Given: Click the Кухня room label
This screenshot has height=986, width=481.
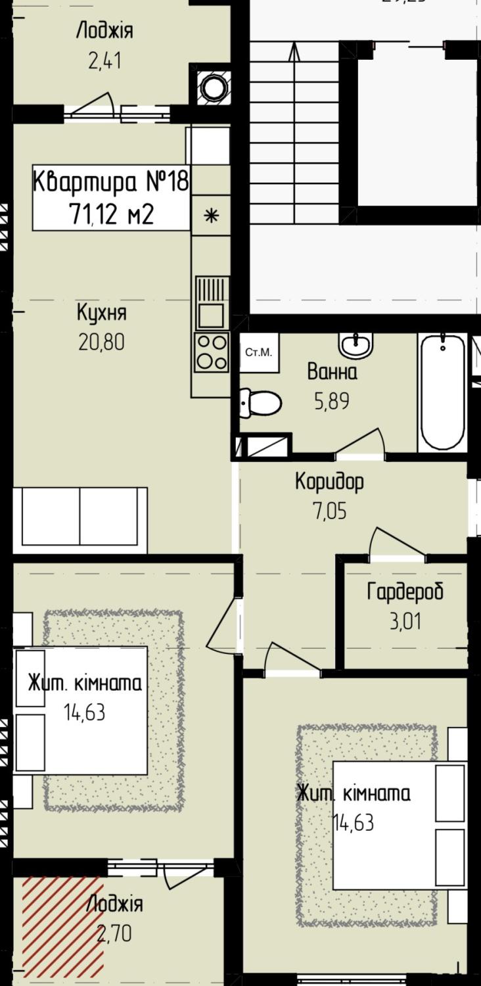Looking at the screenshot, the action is [x=102, y=314].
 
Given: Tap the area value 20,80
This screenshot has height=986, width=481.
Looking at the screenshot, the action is [x=102, y=342].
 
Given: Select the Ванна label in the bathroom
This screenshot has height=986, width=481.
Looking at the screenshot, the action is [x=332, y=371].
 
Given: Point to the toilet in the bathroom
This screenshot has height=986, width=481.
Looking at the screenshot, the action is [x=260, y=403].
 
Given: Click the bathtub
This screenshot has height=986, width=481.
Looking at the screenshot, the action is [x=442, y=392].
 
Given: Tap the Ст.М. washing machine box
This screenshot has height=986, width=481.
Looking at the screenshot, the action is [x=259, y=352].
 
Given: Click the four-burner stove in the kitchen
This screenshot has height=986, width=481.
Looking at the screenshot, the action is [x=212, y=351].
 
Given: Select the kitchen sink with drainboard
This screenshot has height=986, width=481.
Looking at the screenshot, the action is [x=212, y=302].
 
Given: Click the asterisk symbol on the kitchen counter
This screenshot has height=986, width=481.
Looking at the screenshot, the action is [x=212, y=216].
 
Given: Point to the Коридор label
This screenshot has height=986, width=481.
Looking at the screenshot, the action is [x=330, y=481].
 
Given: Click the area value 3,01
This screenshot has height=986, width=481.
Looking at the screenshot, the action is [x=405, y=621].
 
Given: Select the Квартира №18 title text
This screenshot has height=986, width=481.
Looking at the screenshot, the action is [x=111, y=181].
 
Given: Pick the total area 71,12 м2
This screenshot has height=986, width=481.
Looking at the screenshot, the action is [x=111, y=215].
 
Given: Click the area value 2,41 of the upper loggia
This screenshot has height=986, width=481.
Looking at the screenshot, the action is [x=104, y=60].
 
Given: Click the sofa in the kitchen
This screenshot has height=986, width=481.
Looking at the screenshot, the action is [x=80, y=520].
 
